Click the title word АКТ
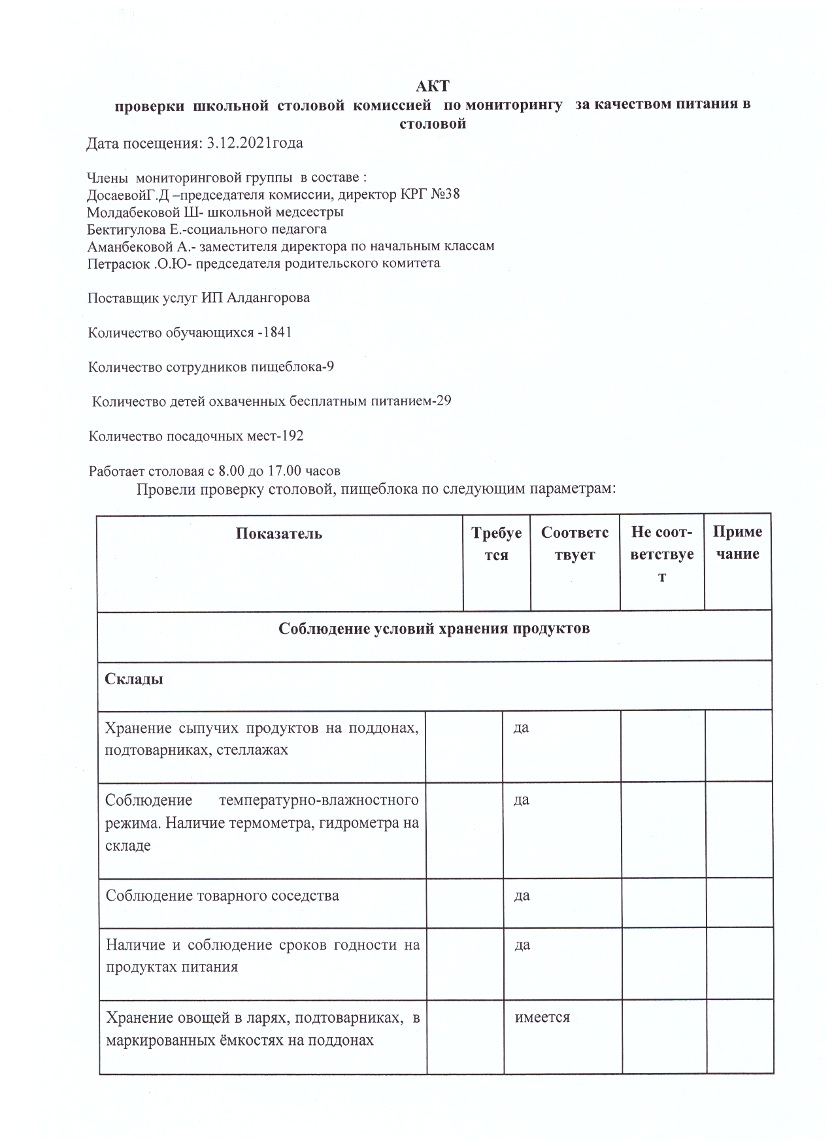coord(433,86)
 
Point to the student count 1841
coord(277,333)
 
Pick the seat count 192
coord(291,436)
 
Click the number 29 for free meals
coord(443,401)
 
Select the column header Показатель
coord(279,533)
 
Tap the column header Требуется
coord(497,544)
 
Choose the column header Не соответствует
coord(662,554)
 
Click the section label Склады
coord(134,679)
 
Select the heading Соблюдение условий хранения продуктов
coord(434,629)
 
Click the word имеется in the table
coord(542,1018)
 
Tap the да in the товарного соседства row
coord(522,895)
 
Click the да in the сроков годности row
coord(522,945)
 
